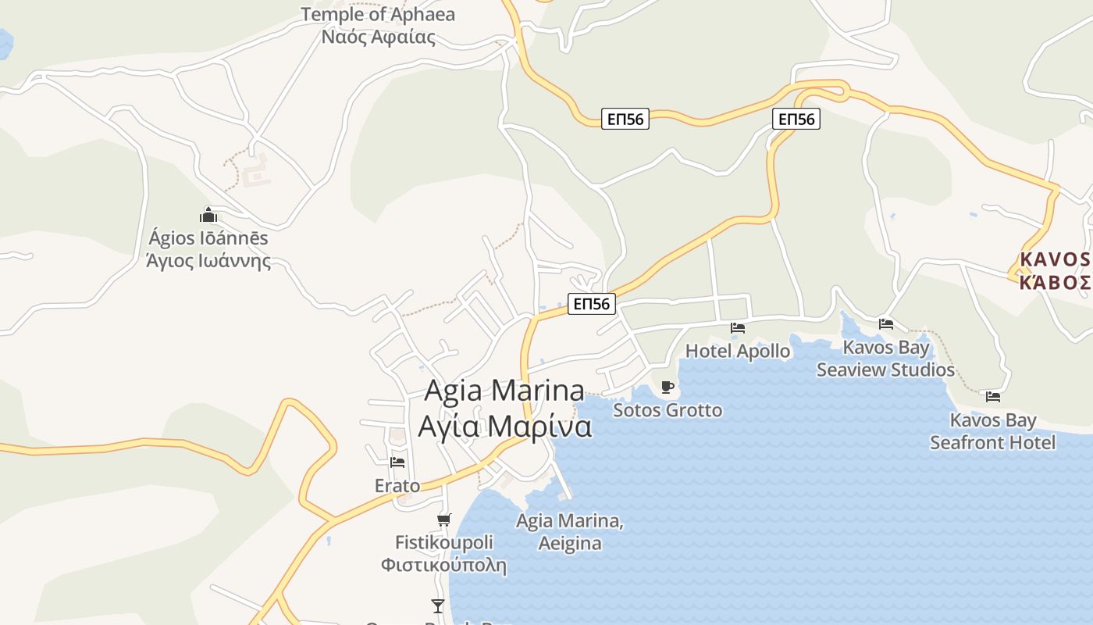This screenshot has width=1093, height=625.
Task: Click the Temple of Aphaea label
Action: click(x=378, y=14)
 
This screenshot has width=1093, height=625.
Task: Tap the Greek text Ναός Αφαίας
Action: click(x=378, y=36)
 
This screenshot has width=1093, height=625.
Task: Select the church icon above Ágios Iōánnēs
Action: click(x=208, y=215)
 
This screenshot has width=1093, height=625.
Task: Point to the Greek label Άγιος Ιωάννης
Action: click(x=208, y=260)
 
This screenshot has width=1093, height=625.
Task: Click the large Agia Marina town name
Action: click(x=504, y=391)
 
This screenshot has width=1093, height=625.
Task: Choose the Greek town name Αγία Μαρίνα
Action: click(x=504, y=427)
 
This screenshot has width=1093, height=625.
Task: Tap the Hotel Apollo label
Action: click(x=738, y=351)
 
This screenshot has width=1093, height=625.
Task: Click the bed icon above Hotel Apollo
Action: click(x=738, y=328)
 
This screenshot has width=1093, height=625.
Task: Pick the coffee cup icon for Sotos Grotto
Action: click(x=667, y=387)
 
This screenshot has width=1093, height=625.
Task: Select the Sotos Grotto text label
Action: click(x=668, y=410)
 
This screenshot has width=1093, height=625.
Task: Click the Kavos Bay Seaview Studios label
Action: click(x=885, y=359)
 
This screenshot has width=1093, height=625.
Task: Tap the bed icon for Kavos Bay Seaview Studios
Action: click(x=885, y=323)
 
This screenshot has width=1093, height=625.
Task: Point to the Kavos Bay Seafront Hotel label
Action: click(x=992, y=431)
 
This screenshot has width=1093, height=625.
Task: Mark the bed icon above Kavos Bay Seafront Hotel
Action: click(x=993, y=397)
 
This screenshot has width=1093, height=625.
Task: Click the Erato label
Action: click(x=397, y=486)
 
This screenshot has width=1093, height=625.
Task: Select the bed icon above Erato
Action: click(x=397, y=462)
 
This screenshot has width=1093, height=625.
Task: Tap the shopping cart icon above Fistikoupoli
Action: click(x=443, y=520)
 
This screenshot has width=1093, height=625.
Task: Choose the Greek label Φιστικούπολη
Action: click(x=443, y=565)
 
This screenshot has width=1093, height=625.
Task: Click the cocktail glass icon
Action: click(x=438, y=605)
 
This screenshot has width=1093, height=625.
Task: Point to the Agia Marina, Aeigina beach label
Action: click(x=570, y=532)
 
